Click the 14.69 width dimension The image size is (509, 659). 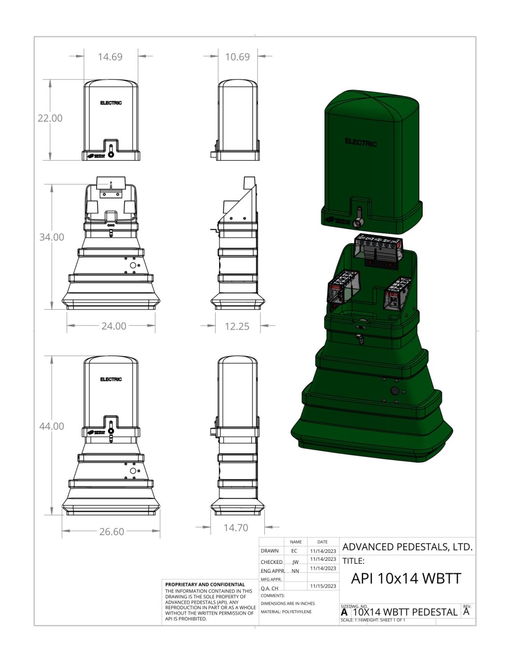click(x=110, y=57)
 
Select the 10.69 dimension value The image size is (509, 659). click(x=237, y=57)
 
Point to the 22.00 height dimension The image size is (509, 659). click(x=50, y=118)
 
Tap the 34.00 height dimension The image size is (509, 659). click(x=52, y=237)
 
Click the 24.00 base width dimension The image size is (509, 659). click(x=114, y=326)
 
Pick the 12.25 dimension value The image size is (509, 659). click(x=237, y=327)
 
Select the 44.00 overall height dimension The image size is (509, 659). click(x=52, y=426)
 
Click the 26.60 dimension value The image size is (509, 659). click(x=112, y=532)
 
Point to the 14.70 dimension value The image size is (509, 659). click(x=236, y=528)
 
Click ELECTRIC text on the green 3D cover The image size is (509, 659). click(x=361, y=143)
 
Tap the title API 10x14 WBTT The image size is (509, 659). click(x=406, y=579)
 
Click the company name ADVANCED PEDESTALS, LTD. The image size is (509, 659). click(x=407, y=547)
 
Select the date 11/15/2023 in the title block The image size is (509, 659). click(x=323, y=586)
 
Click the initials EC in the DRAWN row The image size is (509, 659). click(x=294, y=551)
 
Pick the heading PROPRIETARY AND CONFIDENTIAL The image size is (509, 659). click(x=205, y=585)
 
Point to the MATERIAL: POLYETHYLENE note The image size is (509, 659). click(x=286, y=612)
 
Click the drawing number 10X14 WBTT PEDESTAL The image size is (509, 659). click(x=405, y=612)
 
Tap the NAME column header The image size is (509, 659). click(x=296, y=542)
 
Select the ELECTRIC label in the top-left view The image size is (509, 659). click(x=111, y=103)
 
